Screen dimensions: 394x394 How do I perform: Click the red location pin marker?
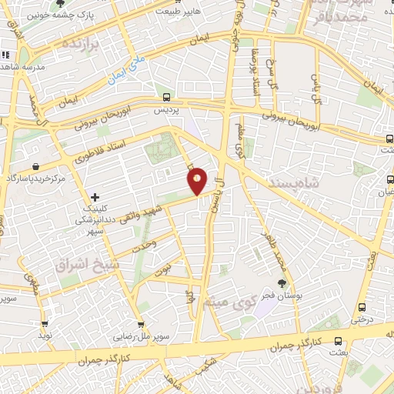pyautogui.click(x=198, y=181)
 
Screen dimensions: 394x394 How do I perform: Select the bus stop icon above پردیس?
pyautogui.click(x=167, y=96)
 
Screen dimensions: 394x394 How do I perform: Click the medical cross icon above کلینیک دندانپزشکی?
pyautogui.click(x=95, y=197)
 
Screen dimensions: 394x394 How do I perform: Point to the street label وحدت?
pyautogui.click(x=145, y=245)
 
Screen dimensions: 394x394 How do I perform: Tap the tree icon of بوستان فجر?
pyautogui.click(x=282, y=283)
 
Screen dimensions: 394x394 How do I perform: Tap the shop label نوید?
pyautogui.click(x=45, y=336)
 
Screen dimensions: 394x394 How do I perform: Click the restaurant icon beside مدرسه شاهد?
pyautogui.click(x=6, y=55)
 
